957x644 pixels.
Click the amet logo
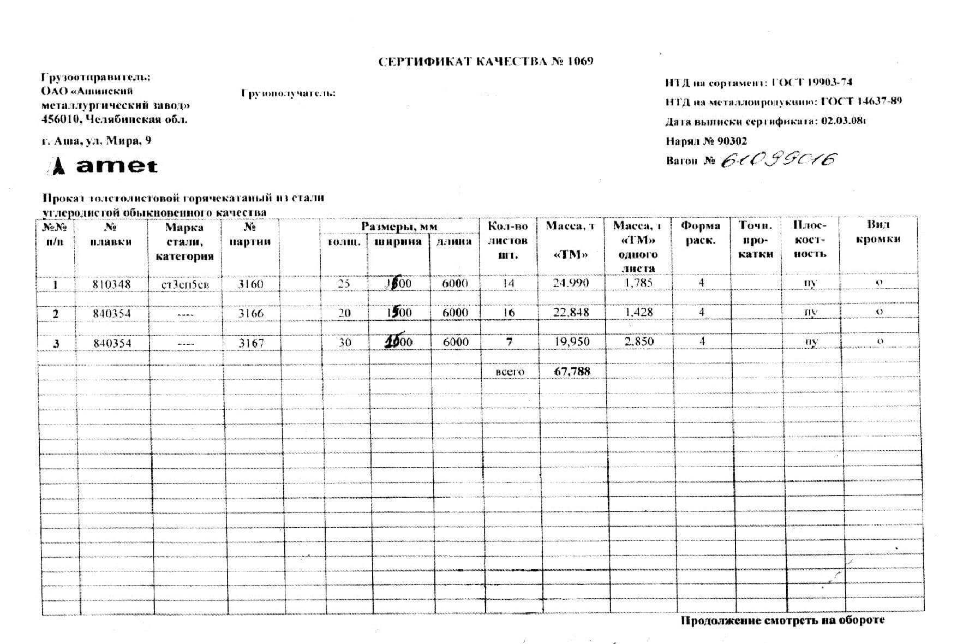104,165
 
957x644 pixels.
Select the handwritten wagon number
779,160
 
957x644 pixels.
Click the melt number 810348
111,284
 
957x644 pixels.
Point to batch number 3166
250,313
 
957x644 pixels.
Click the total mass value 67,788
572,372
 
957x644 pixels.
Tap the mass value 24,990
571,283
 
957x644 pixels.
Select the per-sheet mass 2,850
638,342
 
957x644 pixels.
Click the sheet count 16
509,313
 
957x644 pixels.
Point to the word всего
510,372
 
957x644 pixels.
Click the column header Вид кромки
878,232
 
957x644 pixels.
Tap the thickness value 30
345,342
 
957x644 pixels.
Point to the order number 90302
732,141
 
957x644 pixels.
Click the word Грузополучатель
288,93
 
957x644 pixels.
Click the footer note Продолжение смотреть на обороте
782,621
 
